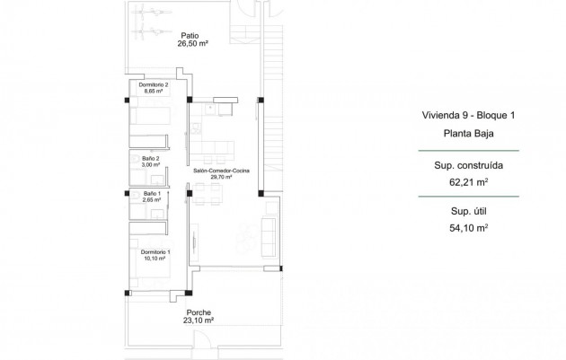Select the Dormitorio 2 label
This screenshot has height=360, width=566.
(x=154, y=84)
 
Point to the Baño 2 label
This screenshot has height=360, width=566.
(x=150, y=158)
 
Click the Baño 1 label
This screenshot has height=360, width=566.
(x=151, y=194)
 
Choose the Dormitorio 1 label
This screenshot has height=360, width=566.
(x=154, y=252)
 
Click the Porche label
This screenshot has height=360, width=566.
(x=199, y=312)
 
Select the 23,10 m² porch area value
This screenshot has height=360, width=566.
(x=199, y=320)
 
